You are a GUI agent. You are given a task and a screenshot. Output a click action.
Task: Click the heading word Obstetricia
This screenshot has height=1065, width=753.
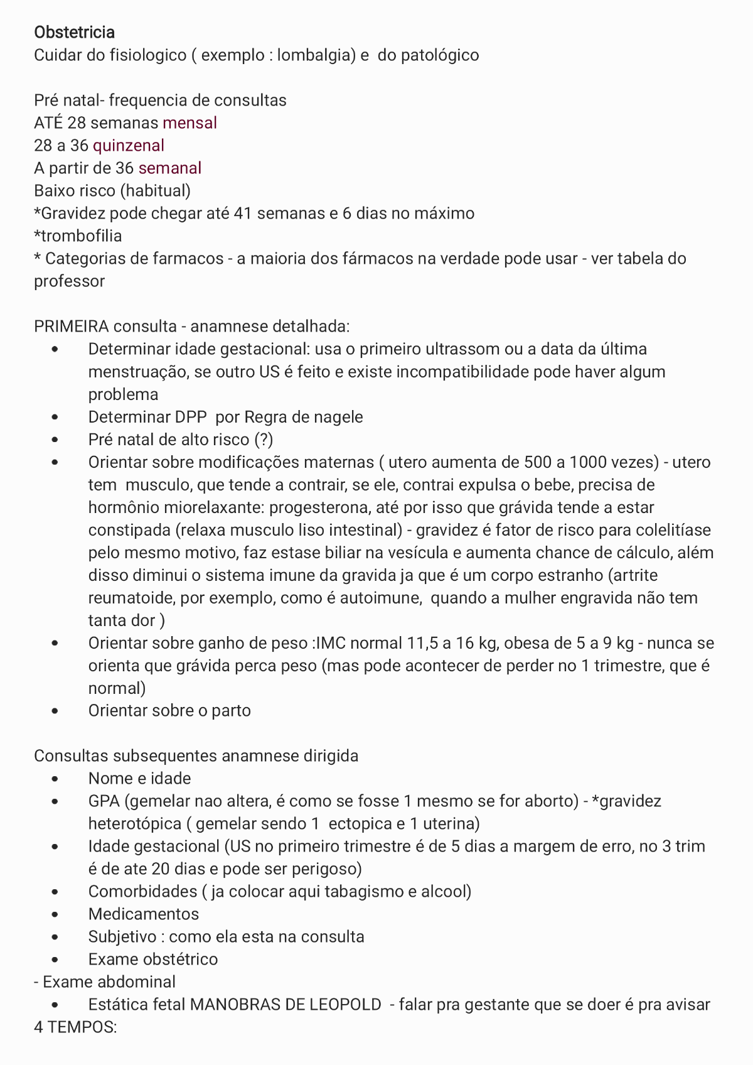[74, 32]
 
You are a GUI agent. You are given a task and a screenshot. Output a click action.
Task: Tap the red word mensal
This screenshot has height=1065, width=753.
[190, 122]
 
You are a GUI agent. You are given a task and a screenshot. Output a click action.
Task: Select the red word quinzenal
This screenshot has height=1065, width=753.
[129, 145]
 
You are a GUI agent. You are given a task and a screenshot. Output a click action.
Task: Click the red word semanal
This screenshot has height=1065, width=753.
[170, 168]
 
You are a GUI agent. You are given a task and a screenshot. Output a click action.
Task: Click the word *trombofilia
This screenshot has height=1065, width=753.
[78, 235]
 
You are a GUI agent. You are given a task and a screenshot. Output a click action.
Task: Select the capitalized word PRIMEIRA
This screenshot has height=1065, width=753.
[72, 327]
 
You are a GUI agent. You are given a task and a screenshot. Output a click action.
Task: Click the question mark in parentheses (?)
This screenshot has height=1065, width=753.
[264, 440]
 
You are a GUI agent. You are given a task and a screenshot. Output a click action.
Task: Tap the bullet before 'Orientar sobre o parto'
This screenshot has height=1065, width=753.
[56, 711]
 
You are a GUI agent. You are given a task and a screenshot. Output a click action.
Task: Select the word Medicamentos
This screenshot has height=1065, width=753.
[144, 914]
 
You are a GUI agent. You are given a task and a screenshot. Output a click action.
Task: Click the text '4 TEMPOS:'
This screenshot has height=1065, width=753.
[75, 1027]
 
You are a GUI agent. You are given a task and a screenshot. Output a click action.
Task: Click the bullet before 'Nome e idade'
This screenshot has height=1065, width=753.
[56, 779]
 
